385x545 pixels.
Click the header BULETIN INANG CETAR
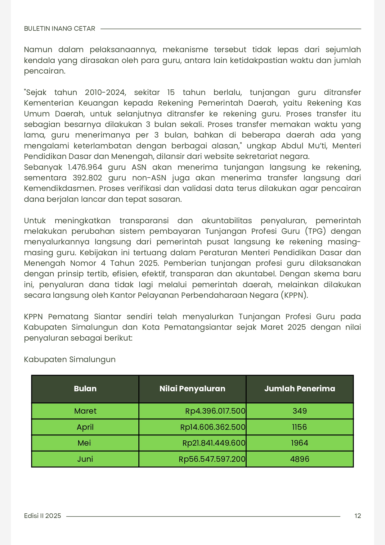(60, 29)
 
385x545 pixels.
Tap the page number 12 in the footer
(357, 516)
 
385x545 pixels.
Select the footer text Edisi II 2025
(43, 516)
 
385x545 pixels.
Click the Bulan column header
(85, 389)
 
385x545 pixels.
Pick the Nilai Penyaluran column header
(192, 389)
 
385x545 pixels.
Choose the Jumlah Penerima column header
(299, 389)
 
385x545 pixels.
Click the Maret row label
(85, 411)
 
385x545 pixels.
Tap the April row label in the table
(85, 427)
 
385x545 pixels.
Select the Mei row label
(84, 443)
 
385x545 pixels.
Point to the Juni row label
(85, 459)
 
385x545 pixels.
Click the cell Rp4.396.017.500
(215, 411)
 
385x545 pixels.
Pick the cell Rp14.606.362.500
(213, 427)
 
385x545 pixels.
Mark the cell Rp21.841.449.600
(214, 443)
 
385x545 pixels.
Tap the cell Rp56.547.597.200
(212, 459)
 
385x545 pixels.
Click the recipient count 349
(300, 411)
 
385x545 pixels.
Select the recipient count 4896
(300, 459)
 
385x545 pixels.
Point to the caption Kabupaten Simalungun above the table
(70, 360)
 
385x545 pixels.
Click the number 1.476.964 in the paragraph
(85, 167)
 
